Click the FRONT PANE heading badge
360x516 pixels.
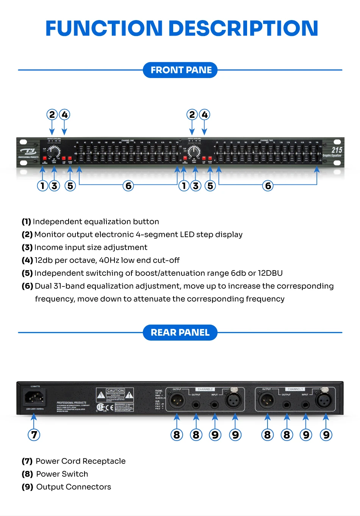pos(180,70)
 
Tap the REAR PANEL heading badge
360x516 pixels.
pos(180,333)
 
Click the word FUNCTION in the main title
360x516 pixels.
pos(104,28)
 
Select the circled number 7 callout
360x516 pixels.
pos(34,435)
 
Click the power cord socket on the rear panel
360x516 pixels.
pos(34,398)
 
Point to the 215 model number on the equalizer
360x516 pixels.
pos(337,150)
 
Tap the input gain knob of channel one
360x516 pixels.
pos(54,152)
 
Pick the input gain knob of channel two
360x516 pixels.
pos(194,152)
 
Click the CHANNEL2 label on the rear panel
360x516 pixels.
pos(205,389)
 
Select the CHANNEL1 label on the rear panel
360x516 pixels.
pos(295,389)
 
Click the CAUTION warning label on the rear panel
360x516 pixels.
pos(115,391)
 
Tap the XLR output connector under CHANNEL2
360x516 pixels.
pos(177,400)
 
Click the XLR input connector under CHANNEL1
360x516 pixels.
pos(324,400)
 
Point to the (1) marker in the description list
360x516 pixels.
pos(26,222)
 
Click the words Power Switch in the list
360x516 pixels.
pos(62,474)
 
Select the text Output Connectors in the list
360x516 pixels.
pos(74,487)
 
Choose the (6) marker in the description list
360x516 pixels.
pos(27,286)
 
